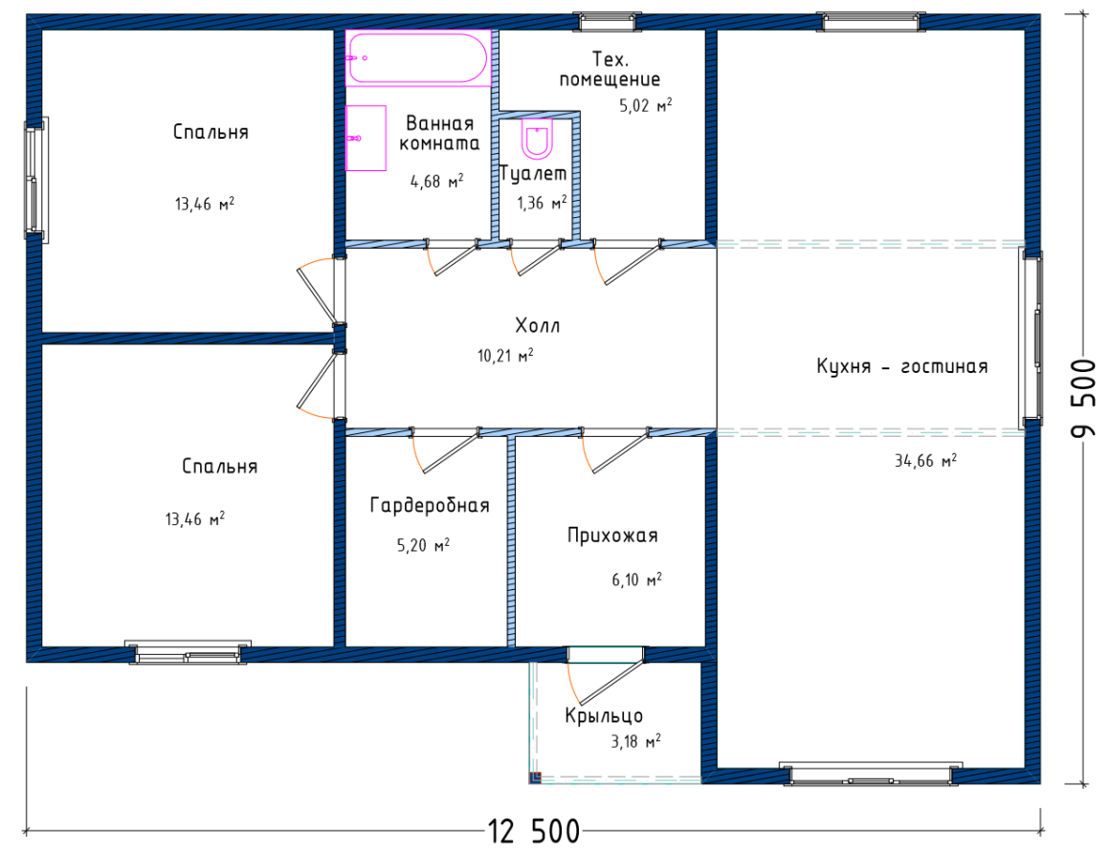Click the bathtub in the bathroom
click(417, 58)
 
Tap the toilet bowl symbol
click(538, 139)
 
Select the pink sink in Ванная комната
click(366, 138)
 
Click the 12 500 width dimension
click(534, 831)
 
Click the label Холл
click(538, 325)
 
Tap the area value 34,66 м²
click(925, 461)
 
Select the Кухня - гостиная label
click(901, 366)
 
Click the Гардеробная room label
click(430, 505)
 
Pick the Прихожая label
click(612, 536)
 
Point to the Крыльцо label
click(604, 716)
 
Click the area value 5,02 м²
click(646, 106)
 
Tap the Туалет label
click(533, 173)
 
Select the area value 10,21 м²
click(505, 355)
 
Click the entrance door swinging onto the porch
click(606, 675)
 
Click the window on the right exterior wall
click(1032, 339)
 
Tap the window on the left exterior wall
click(35, 181)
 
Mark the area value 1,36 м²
click(542, 204)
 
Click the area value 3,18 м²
click(635, 742)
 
